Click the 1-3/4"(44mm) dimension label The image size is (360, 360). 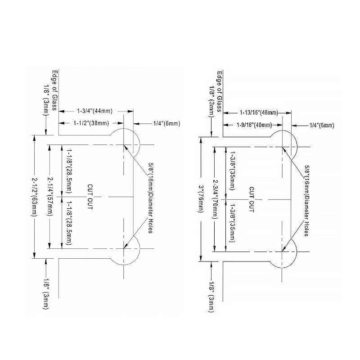click(x=94, y=111)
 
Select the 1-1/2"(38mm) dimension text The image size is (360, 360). click(x=91, y=123)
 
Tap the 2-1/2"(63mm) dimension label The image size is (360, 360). click(x=34, y=197)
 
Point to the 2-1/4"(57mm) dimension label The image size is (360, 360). click(x=50, y=196)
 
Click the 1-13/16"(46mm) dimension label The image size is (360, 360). click(x=259, y=112)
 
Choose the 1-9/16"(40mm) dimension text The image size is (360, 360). click(x=254, y=125)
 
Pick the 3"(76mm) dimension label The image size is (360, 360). click(x=201, y=199)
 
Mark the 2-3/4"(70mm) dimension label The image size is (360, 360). click(x=215, y=199)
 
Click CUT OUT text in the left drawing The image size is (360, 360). click(x=90, y=197)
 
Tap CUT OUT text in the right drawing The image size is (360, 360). click(x=252, y=199)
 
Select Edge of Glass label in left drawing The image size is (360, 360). click(x=54, y=90)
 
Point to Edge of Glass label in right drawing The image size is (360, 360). click(x=220, y=91)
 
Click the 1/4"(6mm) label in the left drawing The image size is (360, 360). click(x=166, y=123)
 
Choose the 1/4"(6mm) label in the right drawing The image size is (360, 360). click(x=322, y=125)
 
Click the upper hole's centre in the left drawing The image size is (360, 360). click(x=124, y=144)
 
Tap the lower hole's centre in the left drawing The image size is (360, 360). click(x=124, y=248)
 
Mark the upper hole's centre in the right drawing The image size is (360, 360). click(x=282, y=147)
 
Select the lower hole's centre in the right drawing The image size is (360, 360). click(x=282, y=252)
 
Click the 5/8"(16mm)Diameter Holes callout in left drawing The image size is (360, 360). click(x=151, y=198)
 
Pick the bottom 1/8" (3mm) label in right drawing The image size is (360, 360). click(x=211, y=297)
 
